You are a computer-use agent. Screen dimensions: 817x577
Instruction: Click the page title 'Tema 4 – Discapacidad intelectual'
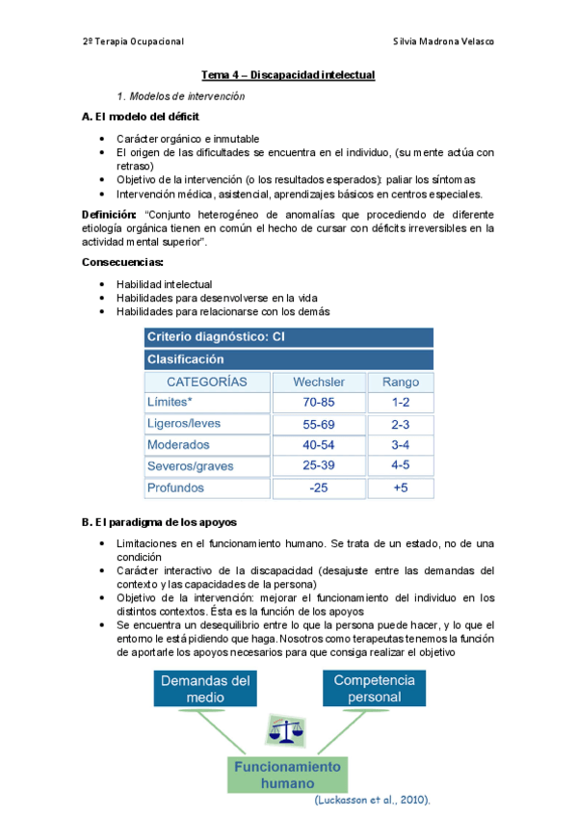pyautogui.click(x=287, y=75)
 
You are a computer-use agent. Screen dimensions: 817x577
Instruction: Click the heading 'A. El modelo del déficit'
pyautogui.click(x=141, y=117)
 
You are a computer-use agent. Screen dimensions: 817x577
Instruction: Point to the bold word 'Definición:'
pyautogui.click(x=111, y=214)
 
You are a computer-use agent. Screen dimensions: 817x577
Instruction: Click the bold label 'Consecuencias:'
pyautogui.click(x=122, y=262)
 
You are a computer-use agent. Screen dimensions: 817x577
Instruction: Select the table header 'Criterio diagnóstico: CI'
pyautogui.click(x=214, y=337)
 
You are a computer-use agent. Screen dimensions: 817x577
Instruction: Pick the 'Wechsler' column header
pyautogui.click(x=318, y=382)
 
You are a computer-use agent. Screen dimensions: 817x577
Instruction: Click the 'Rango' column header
pyautogui.click(x=401, y=382)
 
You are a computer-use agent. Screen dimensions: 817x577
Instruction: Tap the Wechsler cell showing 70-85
pyautogui.click(x=318, y=402)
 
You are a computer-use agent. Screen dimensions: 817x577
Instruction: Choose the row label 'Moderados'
pyautogui.click(x=178, y=445)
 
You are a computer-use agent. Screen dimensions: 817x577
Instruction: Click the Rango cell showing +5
pyautogui.click(x=401, y=488)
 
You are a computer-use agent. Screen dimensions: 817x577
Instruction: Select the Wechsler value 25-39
pyautogui.click(x=318, y=466)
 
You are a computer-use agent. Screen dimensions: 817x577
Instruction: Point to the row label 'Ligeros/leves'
pyautogui.click(x=184, y=424)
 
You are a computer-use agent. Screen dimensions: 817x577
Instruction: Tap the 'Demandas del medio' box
pyautogui.click(x=205, y=689)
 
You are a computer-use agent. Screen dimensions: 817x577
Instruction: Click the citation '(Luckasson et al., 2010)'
pyautogui.click(x=373, y=801)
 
